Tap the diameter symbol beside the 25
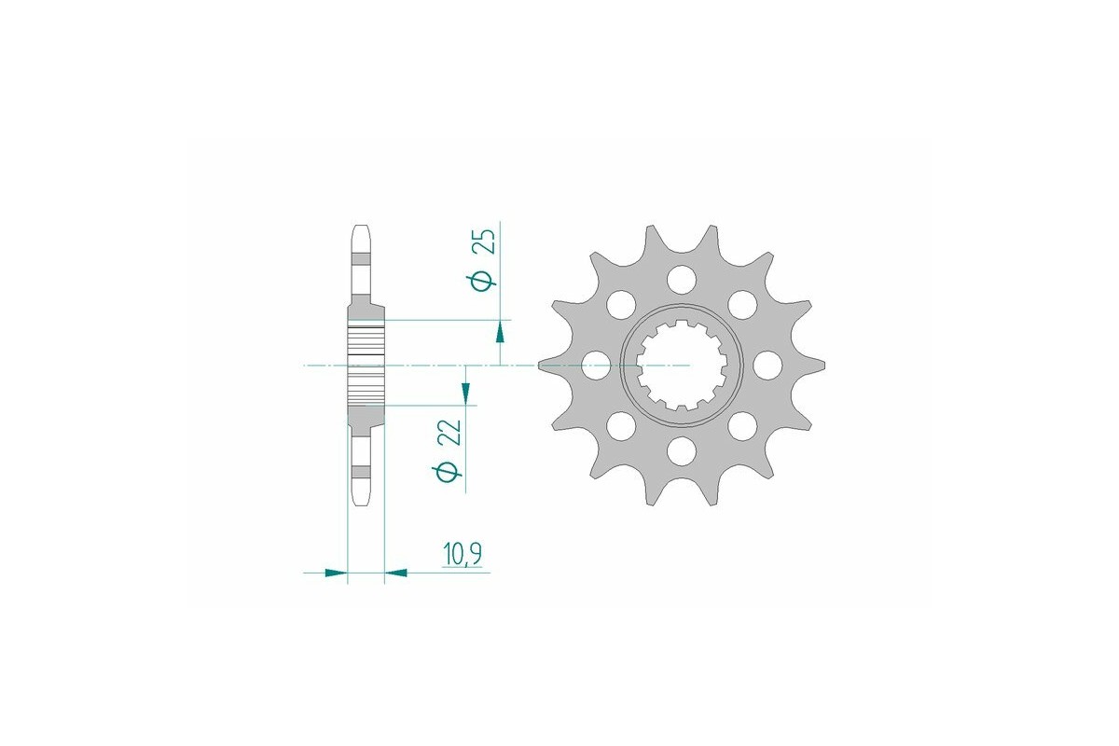[482, 280]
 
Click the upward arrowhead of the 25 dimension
[501, 332]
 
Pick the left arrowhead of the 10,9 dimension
[336, 572]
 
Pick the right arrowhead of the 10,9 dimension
[395, 572]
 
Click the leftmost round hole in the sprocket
[594, 366]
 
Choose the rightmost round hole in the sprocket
[767, 365]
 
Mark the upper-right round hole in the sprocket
[742, 304]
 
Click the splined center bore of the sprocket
[681, 366]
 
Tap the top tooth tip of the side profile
[361, 229]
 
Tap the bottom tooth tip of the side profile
[361, 502]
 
